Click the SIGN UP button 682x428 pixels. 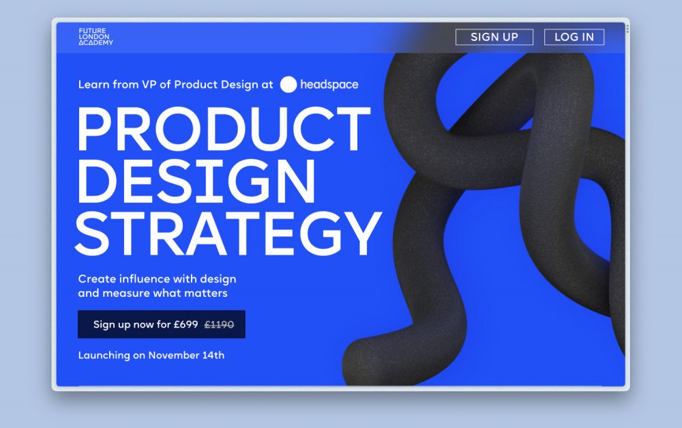pos(494,37)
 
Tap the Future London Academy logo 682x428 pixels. pos(95,37)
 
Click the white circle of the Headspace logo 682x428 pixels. pos(288,85)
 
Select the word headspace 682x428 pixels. pos(329,85)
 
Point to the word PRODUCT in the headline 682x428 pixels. pos(224,128)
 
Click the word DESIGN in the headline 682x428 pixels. pos(196,181)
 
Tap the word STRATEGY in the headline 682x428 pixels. pos(228,233)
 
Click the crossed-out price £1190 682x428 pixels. pos(219,324)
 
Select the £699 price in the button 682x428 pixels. pos(186,324)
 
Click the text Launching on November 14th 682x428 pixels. pos(151,355)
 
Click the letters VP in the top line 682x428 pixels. pos(149,85)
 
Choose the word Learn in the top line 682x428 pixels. pos(93,85)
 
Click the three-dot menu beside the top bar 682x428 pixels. pos(627,29)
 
